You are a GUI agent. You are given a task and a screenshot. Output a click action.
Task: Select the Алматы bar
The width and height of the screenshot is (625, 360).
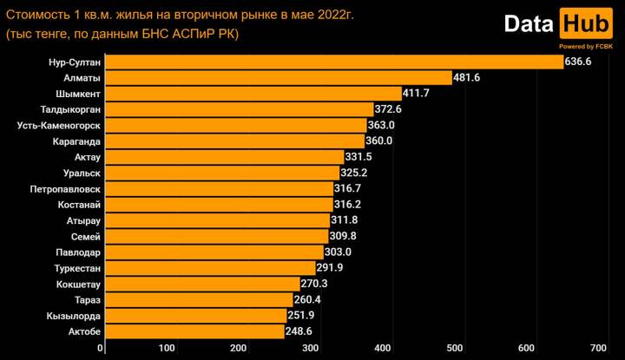tap(278, 77)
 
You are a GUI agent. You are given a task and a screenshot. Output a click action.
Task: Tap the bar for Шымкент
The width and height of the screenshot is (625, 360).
tap(253, 93)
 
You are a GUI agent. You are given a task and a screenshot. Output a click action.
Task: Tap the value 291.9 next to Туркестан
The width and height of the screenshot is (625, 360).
tap(330, 268)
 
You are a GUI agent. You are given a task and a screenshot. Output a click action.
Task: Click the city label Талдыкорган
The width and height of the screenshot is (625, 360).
tap(71, 109)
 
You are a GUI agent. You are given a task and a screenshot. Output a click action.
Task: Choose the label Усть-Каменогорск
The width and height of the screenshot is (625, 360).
tap(60, 125)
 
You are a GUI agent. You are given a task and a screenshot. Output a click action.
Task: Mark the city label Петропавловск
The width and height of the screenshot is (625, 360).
tap(65, 188)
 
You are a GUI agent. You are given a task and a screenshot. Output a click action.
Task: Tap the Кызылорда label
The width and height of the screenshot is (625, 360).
tap(74, 316)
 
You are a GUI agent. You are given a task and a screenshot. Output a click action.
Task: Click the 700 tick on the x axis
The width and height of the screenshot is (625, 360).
tap(597, 349)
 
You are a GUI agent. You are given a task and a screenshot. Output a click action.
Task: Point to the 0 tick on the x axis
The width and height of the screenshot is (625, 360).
tap(102, 349)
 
